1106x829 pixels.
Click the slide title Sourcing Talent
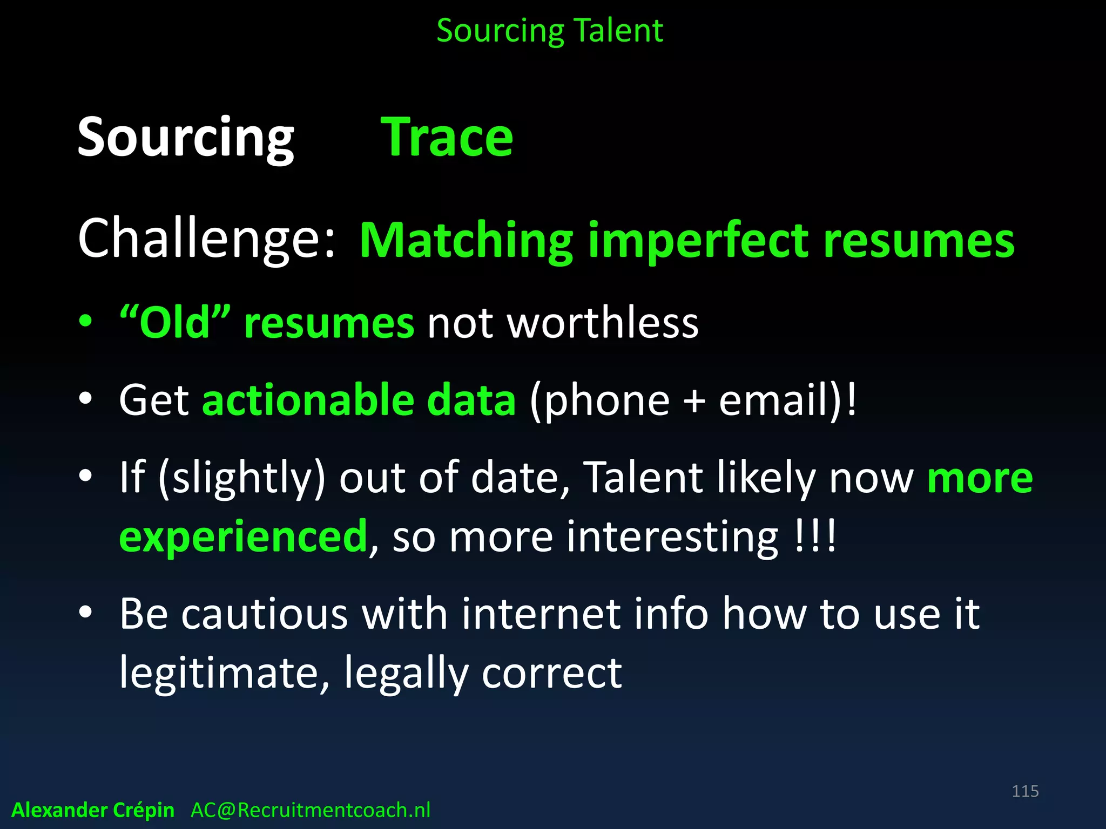(x=549, y=31)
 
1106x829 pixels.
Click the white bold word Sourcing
(x=186, y=138)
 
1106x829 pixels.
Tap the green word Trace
(x=447, y=138)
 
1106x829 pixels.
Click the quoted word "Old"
(x=175, y=322)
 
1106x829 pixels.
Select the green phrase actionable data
(x=359, y=400)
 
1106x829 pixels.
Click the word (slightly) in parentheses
(x=242, y=478)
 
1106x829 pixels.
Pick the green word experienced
(x=244, y=536)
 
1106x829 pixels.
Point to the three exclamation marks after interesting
(x=816, y=535)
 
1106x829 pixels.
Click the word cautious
(x=265, y=614)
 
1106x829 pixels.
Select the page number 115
(x=1025, y=791)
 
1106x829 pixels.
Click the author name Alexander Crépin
(x=93, y=810)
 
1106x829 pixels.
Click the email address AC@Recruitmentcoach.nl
(x=311, y=810)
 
